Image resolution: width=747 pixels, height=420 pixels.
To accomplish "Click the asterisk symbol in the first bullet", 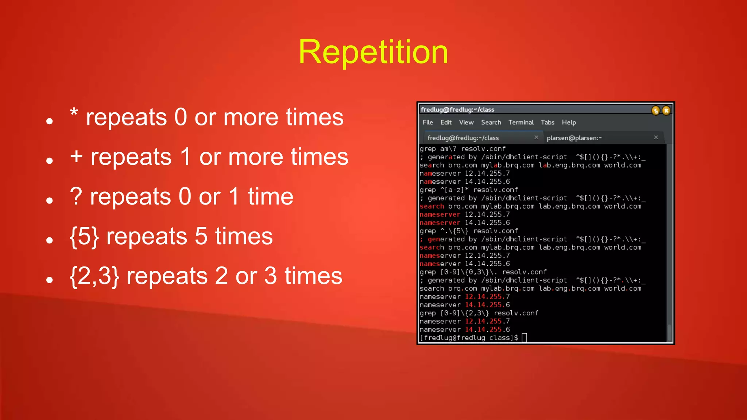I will point(74,113).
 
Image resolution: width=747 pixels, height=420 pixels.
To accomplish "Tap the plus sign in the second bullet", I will point(76,156).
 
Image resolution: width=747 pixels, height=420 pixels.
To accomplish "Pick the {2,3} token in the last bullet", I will point(94,276).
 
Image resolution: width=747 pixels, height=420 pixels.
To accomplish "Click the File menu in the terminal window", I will point(427,122).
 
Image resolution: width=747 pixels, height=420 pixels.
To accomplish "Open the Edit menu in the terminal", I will point(446,122).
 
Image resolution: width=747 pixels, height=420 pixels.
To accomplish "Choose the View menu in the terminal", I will point(466,122).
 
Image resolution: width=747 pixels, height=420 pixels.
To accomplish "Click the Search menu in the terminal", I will point(491,122).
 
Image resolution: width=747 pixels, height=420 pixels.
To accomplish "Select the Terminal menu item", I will point(521,122).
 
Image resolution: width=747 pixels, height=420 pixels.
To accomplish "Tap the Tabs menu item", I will point(547,122).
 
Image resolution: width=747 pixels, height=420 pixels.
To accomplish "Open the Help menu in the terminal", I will point(569,122).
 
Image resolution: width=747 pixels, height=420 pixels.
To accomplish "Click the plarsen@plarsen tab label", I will point(574,138).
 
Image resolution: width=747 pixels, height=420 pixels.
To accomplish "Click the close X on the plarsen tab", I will point(656,137).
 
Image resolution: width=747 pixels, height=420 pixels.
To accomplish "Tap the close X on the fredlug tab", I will point(536,137).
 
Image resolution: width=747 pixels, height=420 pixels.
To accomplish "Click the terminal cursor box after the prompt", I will point(525,338).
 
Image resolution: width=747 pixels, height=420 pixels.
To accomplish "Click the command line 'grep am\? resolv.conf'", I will point(462,149).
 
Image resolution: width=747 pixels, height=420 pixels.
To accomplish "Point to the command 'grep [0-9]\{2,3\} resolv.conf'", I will point(479,313).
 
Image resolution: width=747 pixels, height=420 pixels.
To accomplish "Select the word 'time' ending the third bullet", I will point(271,197).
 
